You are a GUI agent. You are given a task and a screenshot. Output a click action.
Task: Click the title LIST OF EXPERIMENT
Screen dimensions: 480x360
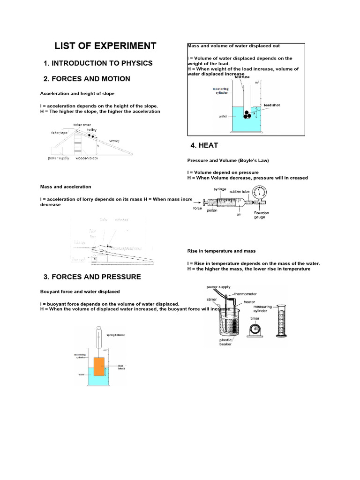coord(105,46)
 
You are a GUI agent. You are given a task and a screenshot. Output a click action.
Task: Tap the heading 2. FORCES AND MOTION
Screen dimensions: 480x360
coord(87,79)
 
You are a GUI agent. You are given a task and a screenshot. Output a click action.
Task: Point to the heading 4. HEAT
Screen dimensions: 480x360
coord(202,146)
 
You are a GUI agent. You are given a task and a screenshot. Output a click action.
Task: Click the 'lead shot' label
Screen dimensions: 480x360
coord(272,105)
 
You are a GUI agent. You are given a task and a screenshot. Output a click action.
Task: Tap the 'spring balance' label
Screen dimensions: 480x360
coord(115,335)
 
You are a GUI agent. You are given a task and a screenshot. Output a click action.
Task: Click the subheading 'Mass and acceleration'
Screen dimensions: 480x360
coord(66,187)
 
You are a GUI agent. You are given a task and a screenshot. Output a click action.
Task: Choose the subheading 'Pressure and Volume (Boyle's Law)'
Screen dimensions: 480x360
coord(228,160)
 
